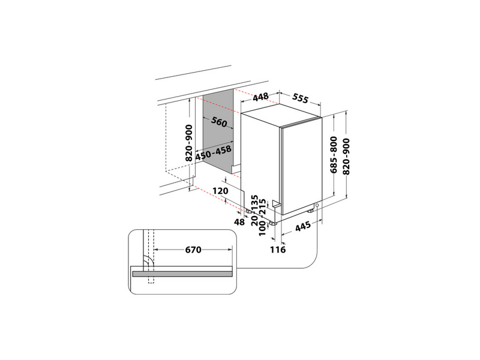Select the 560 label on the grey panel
tap(219, 123)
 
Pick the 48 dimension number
tap(239, 222)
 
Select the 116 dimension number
tap(277, 248)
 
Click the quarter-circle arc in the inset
tap(145, 262)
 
